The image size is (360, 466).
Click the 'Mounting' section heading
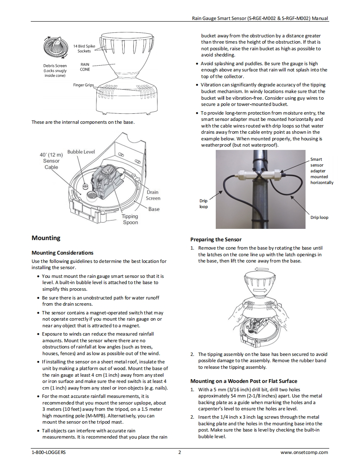click(x=46, y=238)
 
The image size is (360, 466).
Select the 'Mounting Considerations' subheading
click(x=62, y=253)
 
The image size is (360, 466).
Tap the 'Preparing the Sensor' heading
click(x=216, y=240)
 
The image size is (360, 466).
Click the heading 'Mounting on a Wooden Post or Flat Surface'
click(x=244, y=381)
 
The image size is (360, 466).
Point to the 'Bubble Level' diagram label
click(x=81, y=152)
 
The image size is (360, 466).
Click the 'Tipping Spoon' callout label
click(x=130, y=219)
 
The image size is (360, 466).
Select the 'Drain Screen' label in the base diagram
click(x=153, y=195)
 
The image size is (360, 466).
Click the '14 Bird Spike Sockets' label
click(x=84, y=48)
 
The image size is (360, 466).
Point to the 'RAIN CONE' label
click(x=85, y=67)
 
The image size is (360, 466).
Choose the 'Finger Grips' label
click(x=84, y=85)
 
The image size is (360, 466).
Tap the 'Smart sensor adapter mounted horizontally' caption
click(x=321, y=171)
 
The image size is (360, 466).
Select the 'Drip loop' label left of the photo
click(x=204, y=204)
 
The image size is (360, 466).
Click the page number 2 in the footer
click(x=180, y=452)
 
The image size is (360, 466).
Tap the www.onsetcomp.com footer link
click(x=304, y=452)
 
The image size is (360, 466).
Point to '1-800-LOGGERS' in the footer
click(x=48, y=452)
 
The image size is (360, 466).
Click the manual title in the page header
click(x=260, y=18)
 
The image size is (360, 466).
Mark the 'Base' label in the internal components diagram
click(x=154, y=209)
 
